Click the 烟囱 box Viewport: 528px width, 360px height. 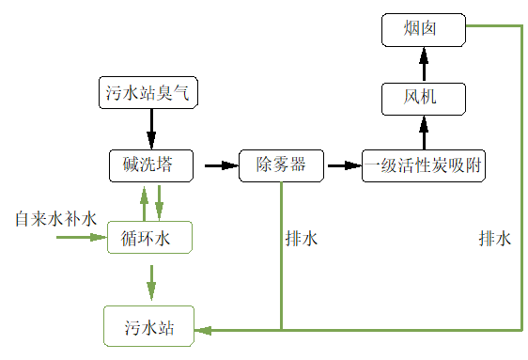tap(423, 30)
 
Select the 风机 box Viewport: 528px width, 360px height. tap(423, 97)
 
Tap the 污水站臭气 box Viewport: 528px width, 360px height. tap(149, 92)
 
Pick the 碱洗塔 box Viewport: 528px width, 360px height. tap(149, 165)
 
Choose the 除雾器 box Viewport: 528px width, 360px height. tap(281, 165)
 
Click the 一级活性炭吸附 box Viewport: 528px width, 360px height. tap(423, 165)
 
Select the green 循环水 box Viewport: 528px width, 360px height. tap(149, 237)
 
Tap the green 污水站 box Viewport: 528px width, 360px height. tap(149, 328)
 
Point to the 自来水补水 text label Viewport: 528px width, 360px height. tap(55, 219)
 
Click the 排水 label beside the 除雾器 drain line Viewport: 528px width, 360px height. tap(301, 239)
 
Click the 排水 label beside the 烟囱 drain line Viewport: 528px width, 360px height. tap(494, 239)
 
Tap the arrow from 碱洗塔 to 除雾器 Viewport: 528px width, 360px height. tap(217, 165)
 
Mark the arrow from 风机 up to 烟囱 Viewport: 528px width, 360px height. tap(423, 64)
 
